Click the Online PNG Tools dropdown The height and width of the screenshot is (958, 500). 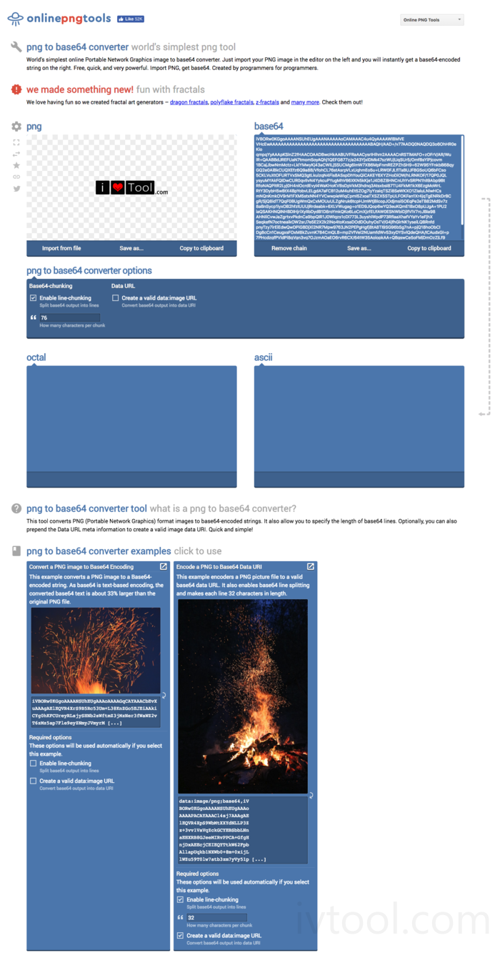tap(432, 20)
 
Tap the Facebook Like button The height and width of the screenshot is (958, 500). tap(130, 19)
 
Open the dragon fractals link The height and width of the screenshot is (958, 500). tap(189, 102)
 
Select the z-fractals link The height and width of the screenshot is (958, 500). tap(267, 102)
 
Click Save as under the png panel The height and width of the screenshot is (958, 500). tap(131, 248)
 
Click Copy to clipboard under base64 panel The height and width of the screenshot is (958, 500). tap(429, 248)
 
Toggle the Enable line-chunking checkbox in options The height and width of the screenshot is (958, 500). tap(34, 297)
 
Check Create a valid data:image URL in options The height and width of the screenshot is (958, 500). tap(115, 297)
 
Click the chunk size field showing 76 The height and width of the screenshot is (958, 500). tap(69, 317)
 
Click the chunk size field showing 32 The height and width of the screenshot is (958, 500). tap(216, 917)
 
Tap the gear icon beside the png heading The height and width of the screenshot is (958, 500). tap(16, 127)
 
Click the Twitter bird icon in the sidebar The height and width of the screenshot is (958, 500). tap(16, 189)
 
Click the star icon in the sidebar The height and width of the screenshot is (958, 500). tap(16, 165)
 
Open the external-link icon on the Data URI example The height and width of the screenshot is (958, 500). tap(310, 566)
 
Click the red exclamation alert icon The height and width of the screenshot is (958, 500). tap(16, 89)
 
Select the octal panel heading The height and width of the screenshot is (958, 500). tap(36, 357)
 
